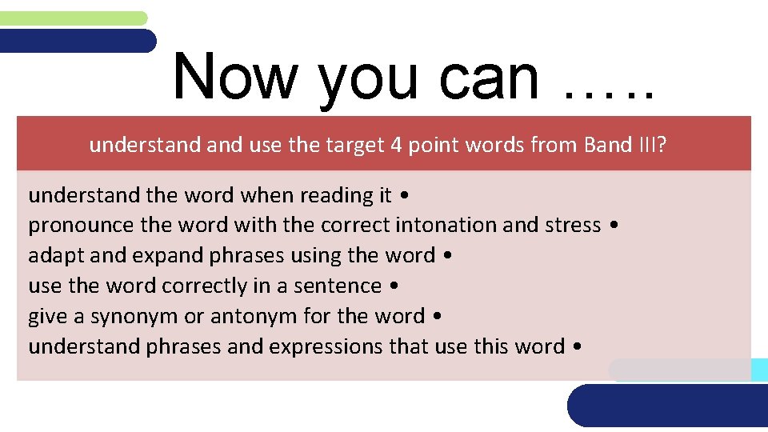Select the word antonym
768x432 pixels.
click(x=251, y=317)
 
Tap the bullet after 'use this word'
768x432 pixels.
click(x=578, y=347)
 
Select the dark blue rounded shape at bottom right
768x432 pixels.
click(x=668, y=406)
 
